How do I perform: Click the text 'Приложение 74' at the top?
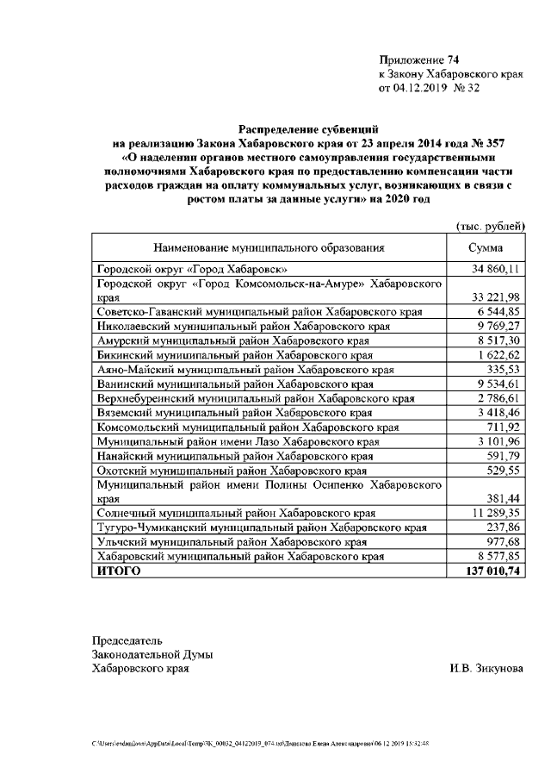pyautogui.click(x=419, y=59)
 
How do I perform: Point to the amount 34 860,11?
pyautogui.click(x=494, y=269)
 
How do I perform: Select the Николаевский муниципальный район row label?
pyautogui.click(x=256, y=327)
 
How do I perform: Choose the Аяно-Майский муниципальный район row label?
pyautogui.click(x=245, y=370)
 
